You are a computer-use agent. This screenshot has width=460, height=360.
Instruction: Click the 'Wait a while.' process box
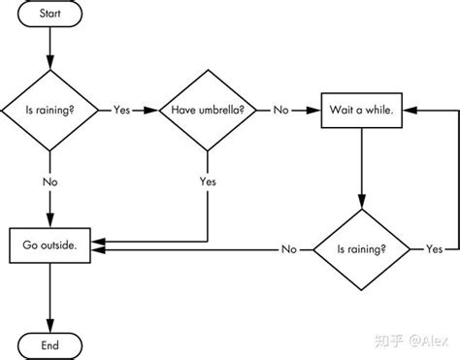360,110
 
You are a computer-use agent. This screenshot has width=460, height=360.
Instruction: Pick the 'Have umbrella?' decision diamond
208,111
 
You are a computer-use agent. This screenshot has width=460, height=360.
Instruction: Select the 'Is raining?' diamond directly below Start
48,111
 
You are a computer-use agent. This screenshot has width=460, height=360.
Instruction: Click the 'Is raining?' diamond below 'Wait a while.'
360,248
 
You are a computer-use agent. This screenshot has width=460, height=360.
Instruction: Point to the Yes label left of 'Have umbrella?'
122,111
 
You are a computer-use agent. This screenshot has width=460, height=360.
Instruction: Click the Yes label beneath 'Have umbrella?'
208,180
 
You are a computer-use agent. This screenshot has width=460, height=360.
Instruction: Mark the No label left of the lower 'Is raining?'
288,249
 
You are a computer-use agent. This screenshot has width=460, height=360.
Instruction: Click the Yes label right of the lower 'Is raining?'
434,249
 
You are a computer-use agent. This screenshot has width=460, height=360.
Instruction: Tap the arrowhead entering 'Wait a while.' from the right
407,111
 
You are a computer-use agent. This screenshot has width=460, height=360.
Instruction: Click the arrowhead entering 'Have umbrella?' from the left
150,111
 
